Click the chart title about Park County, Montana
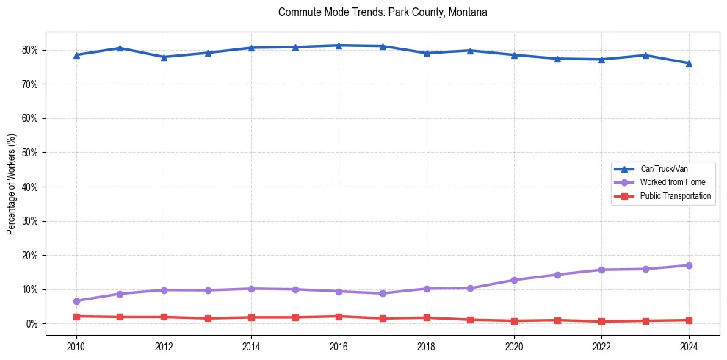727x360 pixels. click(383, 12)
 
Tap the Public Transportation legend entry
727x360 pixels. click(675, 196)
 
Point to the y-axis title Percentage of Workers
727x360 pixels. click(11, 184)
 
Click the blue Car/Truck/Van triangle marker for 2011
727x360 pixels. click(120, 48)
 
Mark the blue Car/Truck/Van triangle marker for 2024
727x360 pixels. click(689, 63)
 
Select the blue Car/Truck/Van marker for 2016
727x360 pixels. click(339, 46)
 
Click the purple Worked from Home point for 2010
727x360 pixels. click(76, 301)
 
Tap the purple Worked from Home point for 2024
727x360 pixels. click(689, 265)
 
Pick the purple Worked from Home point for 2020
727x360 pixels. click(514, 280)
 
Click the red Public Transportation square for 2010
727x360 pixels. click(76, 316)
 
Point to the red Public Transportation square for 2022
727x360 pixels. click(601, 321)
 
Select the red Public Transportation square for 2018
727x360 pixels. click(426, 317)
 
